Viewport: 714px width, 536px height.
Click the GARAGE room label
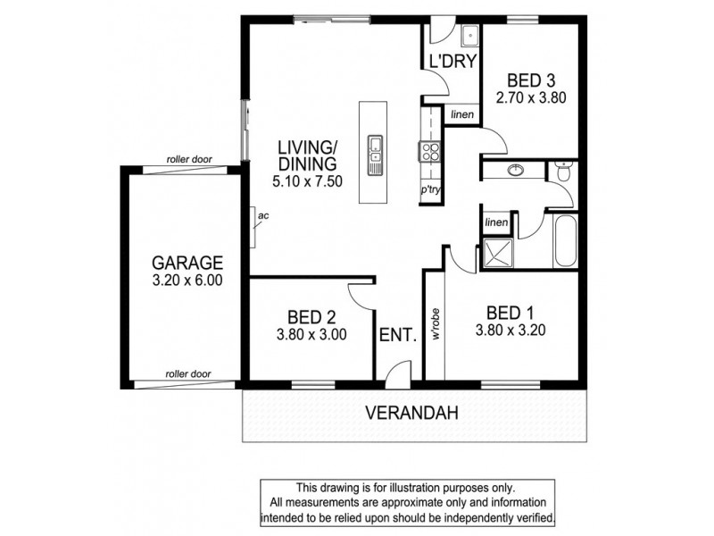click(x=186, y=263)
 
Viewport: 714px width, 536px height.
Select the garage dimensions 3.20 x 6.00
click(x=186, y=280)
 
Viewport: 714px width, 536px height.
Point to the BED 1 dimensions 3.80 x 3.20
click(x=511, y=329)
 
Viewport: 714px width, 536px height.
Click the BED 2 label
click(x=311, y=317)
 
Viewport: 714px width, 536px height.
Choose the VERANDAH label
click(x=412, y=413)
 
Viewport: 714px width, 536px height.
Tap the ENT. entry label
click(x=398, y=336)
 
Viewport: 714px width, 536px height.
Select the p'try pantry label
click(x=432, y=190)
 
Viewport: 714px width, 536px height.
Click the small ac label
click(x=262, y=215)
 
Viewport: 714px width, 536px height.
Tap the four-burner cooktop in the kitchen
click(x=430, y=151)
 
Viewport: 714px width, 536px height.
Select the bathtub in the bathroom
click(x=567, y=240)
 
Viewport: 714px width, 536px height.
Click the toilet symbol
click(x=560, y=172)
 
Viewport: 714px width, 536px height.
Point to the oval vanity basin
click(x=515, y=170)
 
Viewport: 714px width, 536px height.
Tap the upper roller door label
click(x=188, y=160)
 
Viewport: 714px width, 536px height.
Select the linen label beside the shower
click(x=495, y=222)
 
